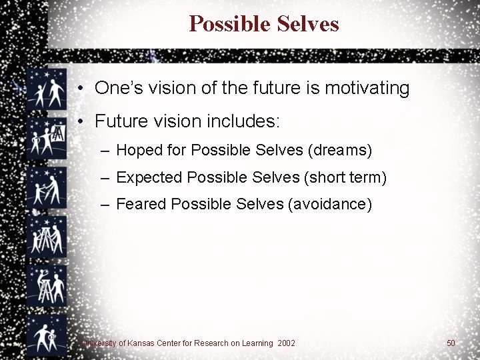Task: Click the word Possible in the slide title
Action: coord(223,24)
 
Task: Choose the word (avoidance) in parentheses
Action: coord(329,204)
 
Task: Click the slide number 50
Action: coord(451,343)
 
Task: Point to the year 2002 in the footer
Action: coord(287,343)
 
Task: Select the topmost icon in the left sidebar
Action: coord(47,89)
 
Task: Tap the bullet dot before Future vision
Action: coord(79,121)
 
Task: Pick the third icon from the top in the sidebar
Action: coord(47,187)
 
